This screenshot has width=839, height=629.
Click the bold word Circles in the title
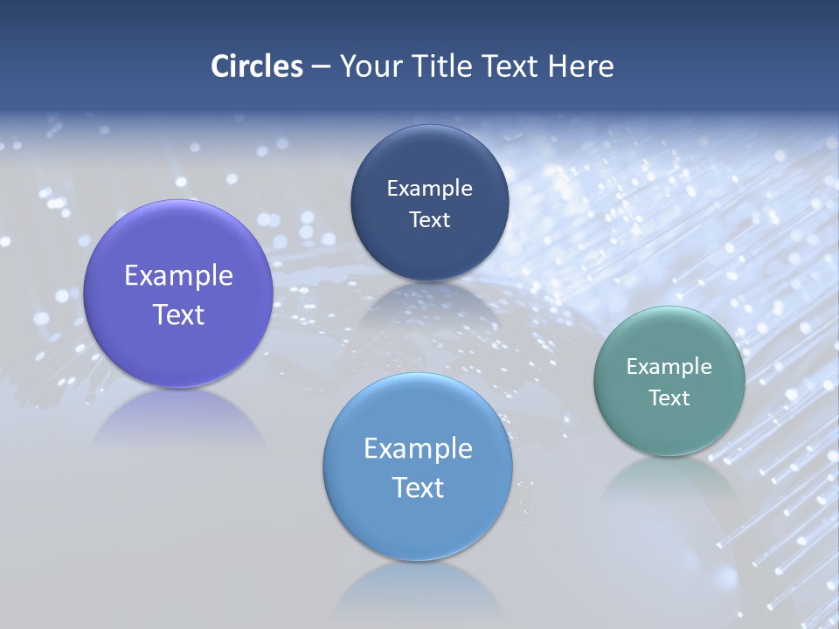pyautogui.click(x=257, y=66)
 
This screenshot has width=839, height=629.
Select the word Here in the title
pyautogui.click(x=581, y=66)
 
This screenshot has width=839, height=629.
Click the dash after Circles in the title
pyautogui.click(x=321, y=67)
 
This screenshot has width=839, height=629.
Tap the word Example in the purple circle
pyautogui.click(x=178, y=276)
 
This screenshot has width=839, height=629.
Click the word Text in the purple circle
pyautogui.click(x=178, y=314)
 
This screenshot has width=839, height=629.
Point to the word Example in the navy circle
pyautogui.click(x=430, y=189)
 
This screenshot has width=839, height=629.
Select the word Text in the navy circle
pyautogui.click(x=430, y=220)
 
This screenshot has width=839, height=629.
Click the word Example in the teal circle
pyautogui.click(x=669, y=367)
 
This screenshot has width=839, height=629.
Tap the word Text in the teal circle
pyautogui.click(x=669, y=398)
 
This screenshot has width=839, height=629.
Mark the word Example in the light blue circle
pyautogui.click(x=418, y=449)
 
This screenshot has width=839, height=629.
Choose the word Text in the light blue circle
pyautogui.click(x=418, y=487)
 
